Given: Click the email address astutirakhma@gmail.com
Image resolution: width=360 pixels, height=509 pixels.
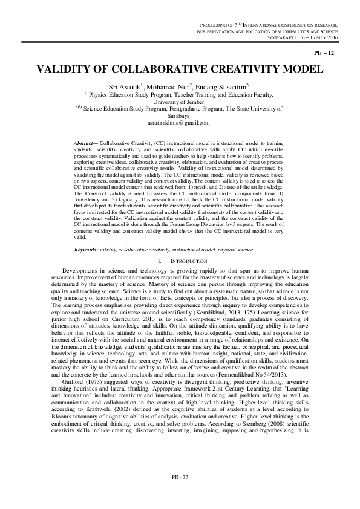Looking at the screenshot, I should tap(178, 122).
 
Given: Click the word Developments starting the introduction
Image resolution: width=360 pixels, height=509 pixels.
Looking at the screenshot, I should tap(82, 270).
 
